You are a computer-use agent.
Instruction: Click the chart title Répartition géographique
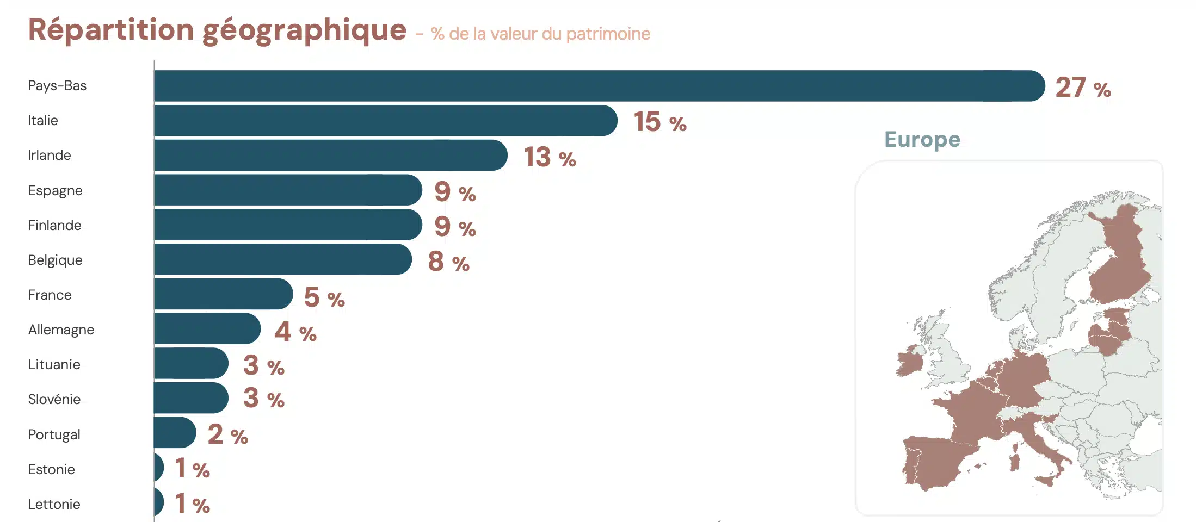[x=217, y=30]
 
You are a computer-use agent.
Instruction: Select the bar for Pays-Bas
[x=599, y=86]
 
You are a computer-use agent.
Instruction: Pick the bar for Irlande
[x=330, y=156]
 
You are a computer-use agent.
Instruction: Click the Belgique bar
[x=282, y=260]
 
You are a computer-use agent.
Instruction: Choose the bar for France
[x=223, y=294]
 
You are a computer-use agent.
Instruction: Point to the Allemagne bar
[x=207, y=329]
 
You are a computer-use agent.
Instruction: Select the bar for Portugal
[x=175, y=433]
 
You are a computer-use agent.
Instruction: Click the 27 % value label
[x=1082, y=88]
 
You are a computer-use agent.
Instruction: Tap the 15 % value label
[x=659, y=122]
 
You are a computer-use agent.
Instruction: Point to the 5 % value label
[x=324, y=297]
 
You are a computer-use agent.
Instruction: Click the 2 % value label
[x=227, y=434]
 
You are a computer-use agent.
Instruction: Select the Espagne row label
[x=55, y=191]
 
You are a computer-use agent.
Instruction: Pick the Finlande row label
[x=54, y=226]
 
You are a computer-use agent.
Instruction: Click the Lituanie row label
[x=54, y=365]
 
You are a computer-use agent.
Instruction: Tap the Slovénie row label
[x=54, y=400]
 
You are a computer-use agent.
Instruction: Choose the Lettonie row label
[x=54, y=505]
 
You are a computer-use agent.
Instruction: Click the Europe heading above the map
[x=922, y=140]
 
